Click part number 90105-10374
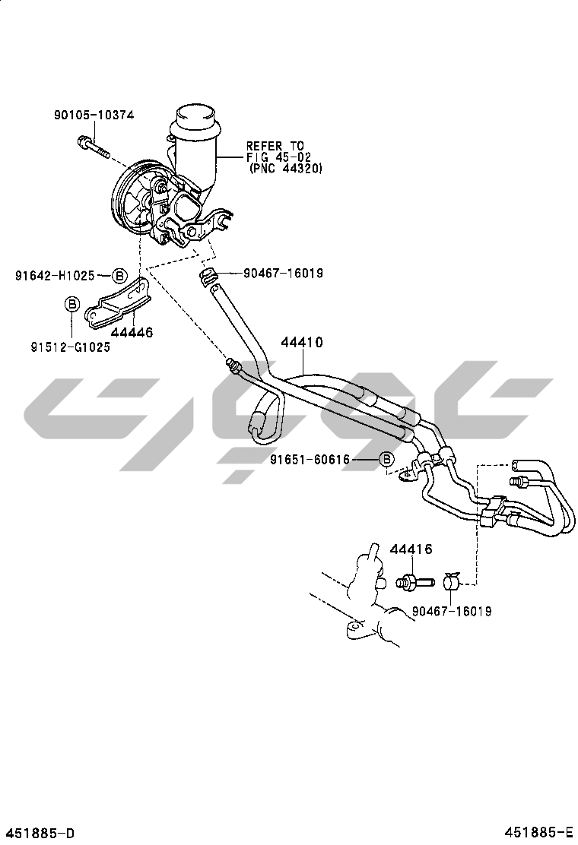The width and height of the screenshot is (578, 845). pos(94,116)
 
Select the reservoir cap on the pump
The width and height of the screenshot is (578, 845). pos(194,118)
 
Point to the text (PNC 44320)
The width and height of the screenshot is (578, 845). pos(285,169)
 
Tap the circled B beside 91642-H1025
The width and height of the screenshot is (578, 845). pos(119,276)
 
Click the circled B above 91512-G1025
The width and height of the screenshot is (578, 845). pos(71,305)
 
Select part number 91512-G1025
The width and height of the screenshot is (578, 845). pos(71,347)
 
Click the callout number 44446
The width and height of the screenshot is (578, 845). pos(132,332)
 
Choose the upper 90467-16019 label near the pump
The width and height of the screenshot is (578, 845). pos(283,273)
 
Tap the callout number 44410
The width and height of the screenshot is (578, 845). pos(302,343)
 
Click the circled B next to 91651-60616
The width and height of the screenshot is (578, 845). pos(386,459)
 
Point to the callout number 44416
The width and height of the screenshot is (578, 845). pos(411,549)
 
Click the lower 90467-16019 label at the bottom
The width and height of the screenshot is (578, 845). pos(452,611)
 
